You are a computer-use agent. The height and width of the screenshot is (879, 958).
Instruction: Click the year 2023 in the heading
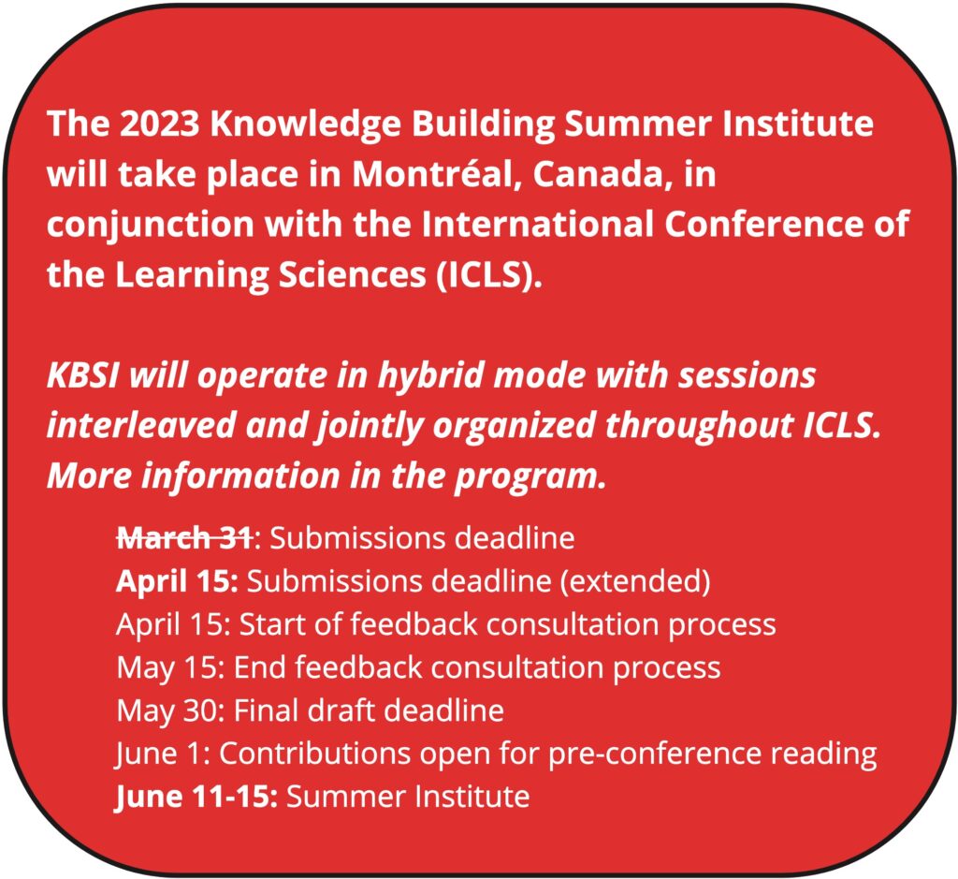[159, 124]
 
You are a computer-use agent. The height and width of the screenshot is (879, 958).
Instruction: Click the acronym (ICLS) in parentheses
[488, 275]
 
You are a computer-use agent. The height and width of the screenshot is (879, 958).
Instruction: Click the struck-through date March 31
[184, 538]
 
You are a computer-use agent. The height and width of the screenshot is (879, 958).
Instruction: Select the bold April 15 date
[177, 580]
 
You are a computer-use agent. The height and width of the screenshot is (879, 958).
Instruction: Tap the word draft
[340, 711]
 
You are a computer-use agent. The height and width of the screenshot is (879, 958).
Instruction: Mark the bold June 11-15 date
[196, 797]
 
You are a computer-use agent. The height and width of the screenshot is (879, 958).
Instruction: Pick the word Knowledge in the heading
[306, 125]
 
